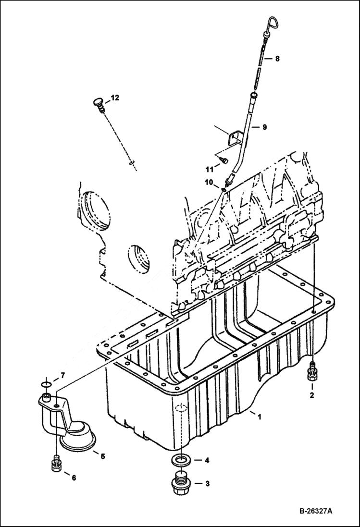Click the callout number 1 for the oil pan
click(259, 417)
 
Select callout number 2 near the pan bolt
click(311, 395)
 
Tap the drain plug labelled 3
click(180, 483)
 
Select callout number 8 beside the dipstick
click(277, 59)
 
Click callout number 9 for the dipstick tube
click(265, 127)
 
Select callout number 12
click(115, 98)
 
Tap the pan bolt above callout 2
click(312, 371)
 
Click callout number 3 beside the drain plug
click(207, 484)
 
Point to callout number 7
click(62, 375)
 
